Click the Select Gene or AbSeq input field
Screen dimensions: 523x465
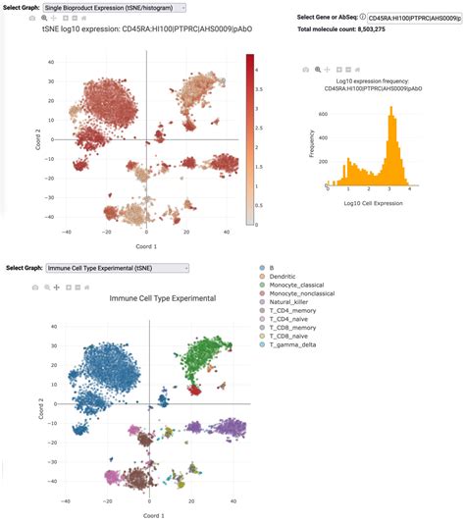pos(412,18)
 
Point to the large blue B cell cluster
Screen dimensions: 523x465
pos(98,363)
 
